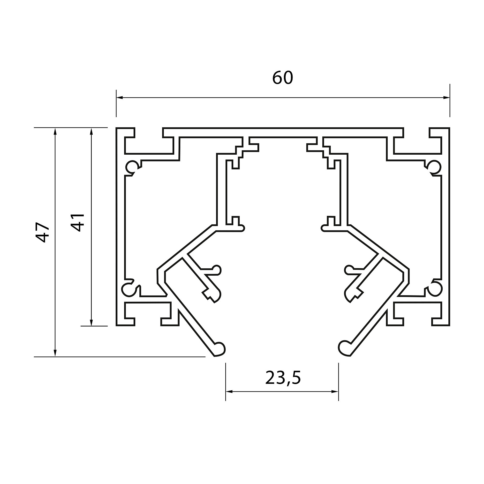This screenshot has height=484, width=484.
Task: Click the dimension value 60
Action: [x=282, y=78]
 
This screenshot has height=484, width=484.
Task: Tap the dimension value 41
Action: [x=77, y=222]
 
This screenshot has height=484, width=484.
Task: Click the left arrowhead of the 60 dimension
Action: [x=120, y=98]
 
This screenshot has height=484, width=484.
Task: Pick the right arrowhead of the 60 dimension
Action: [x=446, y=98]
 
